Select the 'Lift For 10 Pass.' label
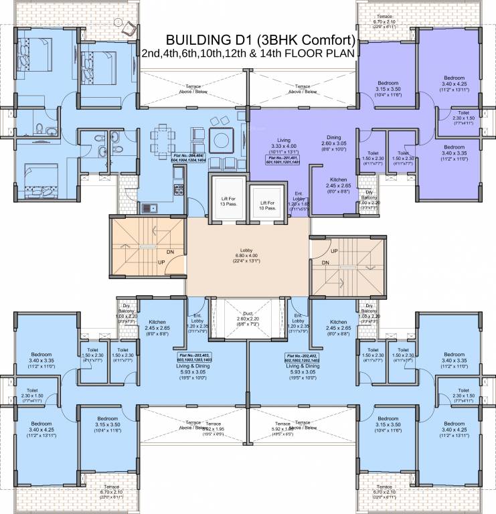pos(268,205)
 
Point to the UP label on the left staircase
pos(161,262)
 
